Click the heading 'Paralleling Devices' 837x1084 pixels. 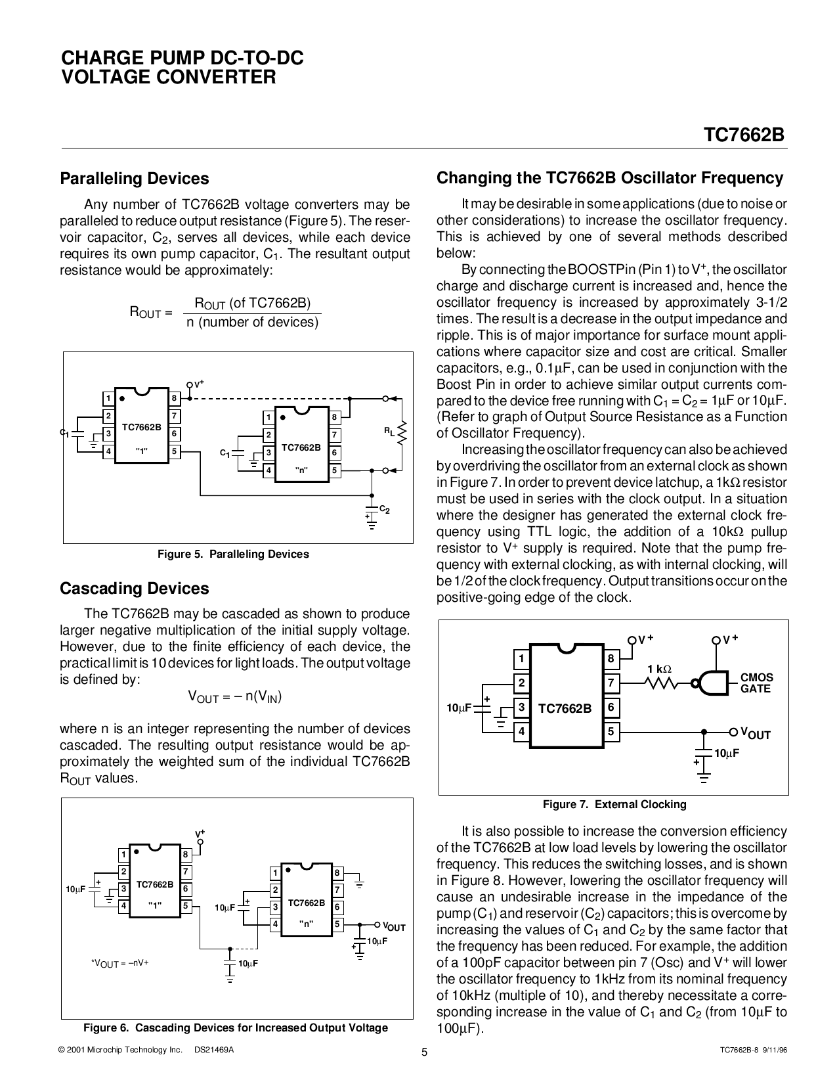tap(135, 179)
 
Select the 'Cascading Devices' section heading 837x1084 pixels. tap(135, 589)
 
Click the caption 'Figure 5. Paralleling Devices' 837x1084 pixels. tap(233, 554)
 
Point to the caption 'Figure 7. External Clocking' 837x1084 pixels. tap(614, 804)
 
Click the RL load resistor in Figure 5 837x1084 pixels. tap(402, 432)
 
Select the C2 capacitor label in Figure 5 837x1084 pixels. tap(385, 509)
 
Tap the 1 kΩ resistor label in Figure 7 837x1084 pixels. tap(659, 669)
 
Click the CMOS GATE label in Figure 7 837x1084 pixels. tap(756, 683)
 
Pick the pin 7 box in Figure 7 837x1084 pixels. tap(611, 683)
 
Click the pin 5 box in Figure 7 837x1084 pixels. tap(611, 731)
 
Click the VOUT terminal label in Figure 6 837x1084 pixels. tap(395, 927)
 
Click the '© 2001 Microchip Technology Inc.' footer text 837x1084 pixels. tap(120, 1050)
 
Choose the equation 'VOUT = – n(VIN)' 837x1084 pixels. tap(235, 697)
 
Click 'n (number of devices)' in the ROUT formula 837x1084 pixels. tap(252, 322)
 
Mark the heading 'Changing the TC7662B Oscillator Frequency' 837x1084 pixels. tap(610, 178)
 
